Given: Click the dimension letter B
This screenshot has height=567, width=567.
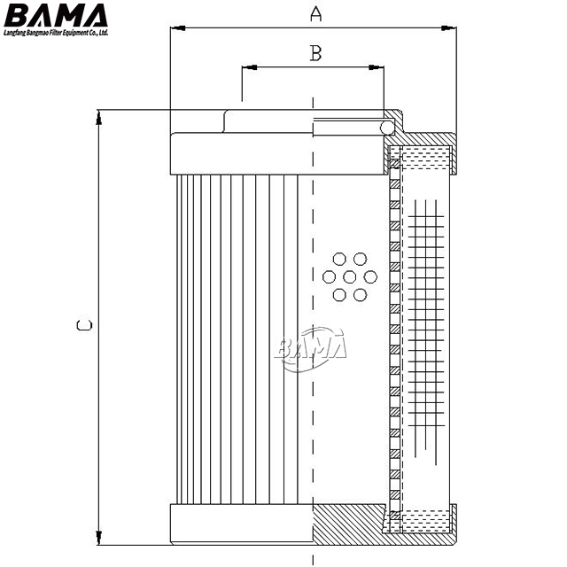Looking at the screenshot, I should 315,53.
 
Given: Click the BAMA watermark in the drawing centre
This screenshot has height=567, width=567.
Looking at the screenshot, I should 313,348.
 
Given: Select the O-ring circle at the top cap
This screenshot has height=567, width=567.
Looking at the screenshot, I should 387,128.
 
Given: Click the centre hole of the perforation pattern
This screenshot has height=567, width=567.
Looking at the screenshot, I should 349,277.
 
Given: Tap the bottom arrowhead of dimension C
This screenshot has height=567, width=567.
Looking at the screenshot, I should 99,538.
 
